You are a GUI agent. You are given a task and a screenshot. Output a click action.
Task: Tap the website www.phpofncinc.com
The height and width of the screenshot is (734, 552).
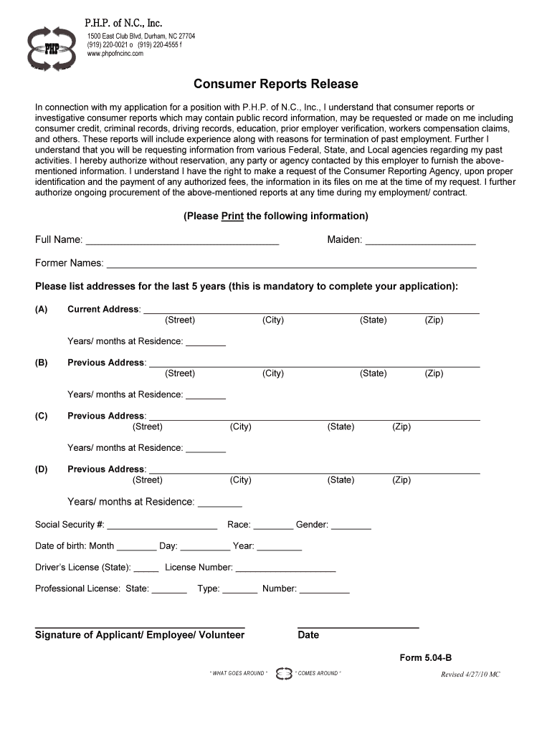(x=115, y=54)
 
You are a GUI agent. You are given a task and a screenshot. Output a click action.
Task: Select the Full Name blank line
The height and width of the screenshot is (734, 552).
(x=182, y=243)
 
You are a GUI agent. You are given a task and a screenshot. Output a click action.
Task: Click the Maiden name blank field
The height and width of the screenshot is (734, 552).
(x=421, y=243)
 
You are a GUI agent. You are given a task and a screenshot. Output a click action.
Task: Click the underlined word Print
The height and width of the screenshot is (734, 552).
(x=232, y=216)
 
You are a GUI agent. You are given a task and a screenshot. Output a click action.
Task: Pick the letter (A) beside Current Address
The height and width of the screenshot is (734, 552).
(x=41, y=310)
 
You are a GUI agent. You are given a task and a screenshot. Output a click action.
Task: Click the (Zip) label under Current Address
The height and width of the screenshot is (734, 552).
(x=434, y=320)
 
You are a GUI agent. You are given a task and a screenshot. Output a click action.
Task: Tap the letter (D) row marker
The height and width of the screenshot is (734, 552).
(x=41, y=470)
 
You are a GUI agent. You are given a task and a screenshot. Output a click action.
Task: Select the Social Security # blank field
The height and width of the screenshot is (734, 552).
(x=162, y=528)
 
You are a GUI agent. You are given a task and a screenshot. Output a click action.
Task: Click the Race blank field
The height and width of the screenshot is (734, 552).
(x=273, y=528)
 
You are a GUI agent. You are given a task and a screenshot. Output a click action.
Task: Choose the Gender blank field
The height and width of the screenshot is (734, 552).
(x=351, y=528)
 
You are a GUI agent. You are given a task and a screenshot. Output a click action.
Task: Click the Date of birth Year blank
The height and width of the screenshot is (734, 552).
(x=280, y=549)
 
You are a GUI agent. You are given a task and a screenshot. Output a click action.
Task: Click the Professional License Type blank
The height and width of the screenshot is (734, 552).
(x=240, y=592)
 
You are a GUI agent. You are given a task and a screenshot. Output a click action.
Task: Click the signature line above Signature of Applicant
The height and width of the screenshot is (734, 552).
(x=140, y=626)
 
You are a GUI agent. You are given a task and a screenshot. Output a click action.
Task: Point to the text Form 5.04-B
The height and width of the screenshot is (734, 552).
(x=425, y=658)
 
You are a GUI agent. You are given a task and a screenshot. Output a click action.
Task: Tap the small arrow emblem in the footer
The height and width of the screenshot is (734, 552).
(x=284, y=674)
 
